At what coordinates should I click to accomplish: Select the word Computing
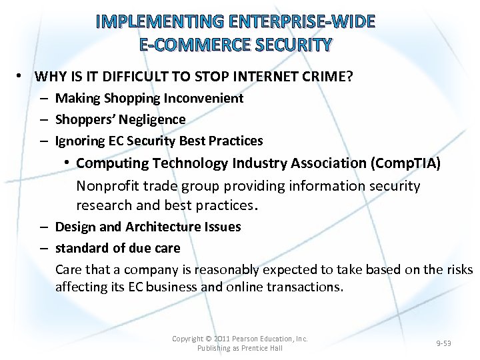(112, 163)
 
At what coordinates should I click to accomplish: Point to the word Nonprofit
(107, 185)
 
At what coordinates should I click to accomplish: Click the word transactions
(305, 287)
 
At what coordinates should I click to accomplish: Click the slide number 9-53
(443, 343)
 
